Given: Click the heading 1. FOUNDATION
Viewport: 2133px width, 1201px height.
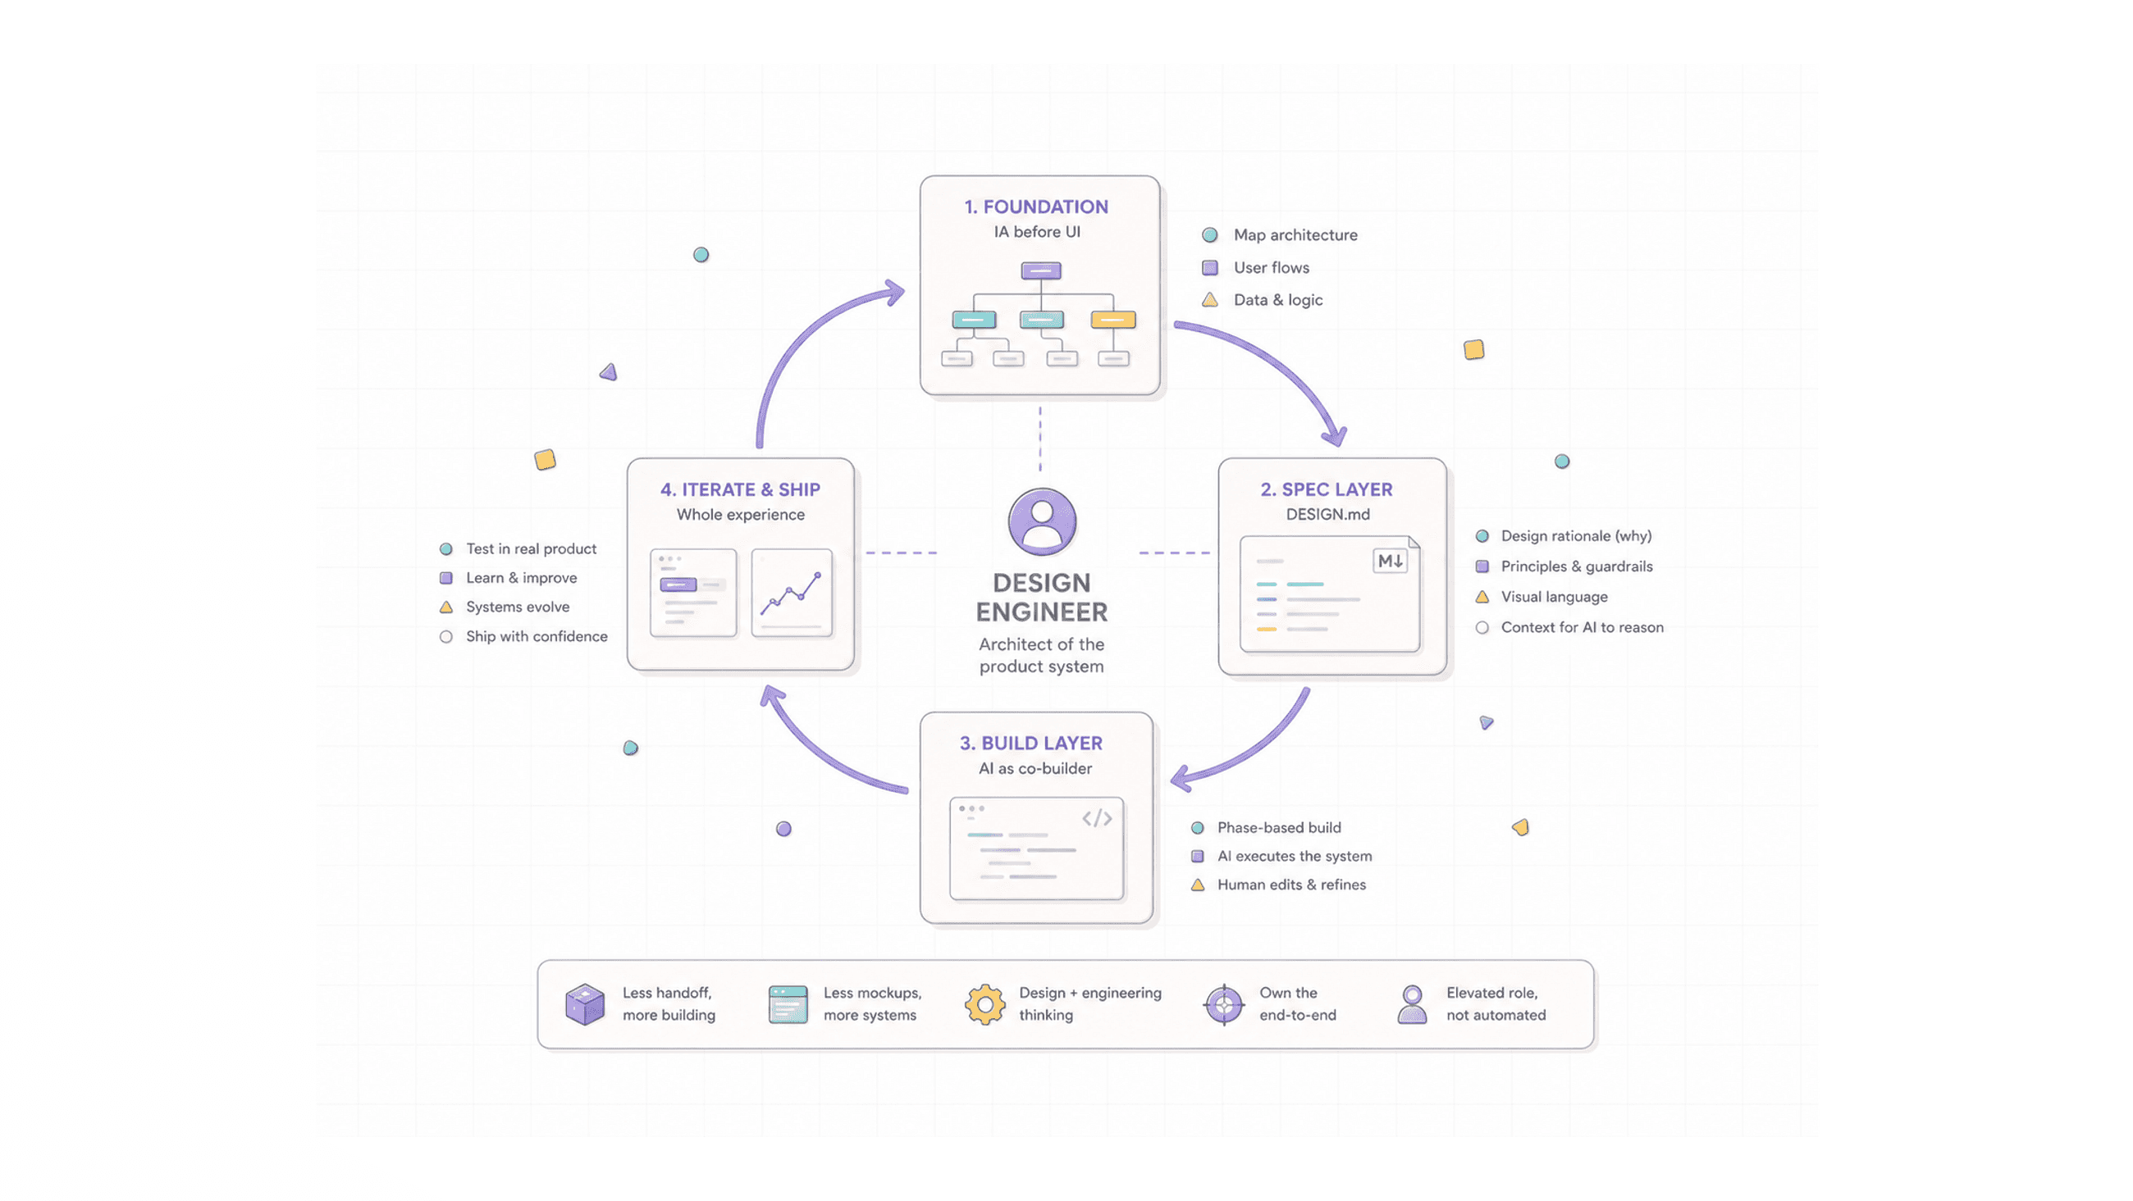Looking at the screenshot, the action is pos(1036,207).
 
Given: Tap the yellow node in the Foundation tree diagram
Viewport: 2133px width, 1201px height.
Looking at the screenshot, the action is pos(1113,320).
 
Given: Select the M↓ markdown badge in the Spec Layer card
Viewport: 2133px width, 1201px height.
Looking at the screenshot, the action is pos(1391,562).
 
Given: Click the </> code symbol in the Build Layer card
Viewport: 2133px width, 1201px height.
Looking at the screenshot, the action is pos(1097,819).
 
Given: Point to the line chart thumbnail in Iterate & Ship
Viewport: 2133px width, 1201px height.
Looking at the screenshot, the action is pos(792,593).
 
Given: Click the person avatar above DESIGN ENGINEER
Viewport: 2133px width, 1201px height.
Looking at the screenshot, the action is pos(1042,521).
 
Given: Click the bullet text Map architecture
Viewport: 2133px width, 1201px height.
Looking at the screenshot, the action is pos(1296,235).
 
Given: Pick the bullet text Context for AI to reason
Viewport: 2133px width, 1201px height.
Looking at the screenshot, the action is pos(1583,627).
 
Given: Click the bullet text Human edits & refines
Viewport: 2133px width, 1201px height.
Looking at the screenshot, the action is pos(1292,885).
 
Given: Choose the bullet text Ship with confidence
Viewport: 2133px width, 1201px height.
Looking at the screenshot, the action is pos(537,636).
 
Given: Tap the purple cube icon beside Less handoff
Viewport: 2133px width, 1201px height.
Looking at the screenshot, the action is pos(585,1004).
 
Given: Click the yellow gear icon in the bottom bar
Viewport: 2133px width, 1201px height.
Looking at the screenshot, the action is pos(984,1005).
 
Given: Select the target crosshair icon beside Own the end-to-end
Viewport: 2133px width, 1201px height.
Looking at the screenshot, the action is pos(1224,1005).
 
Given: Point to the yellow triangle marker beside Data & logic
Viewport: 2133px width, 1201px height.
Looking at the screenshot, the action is pos(1210,299).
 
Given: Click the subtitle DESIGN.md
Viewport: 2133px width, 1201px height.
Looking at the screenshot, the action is pos(1328,515).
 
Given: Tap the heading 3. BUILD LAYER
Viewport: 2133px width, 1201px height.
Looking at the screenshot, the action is pos(1031,744).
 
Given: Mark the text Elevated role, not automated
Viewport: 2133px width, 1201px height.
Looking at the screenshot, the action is pos(1496,1004).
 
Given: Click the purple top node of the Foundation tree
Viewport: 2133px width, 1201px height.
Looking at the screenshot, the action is pos(1041,271).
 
